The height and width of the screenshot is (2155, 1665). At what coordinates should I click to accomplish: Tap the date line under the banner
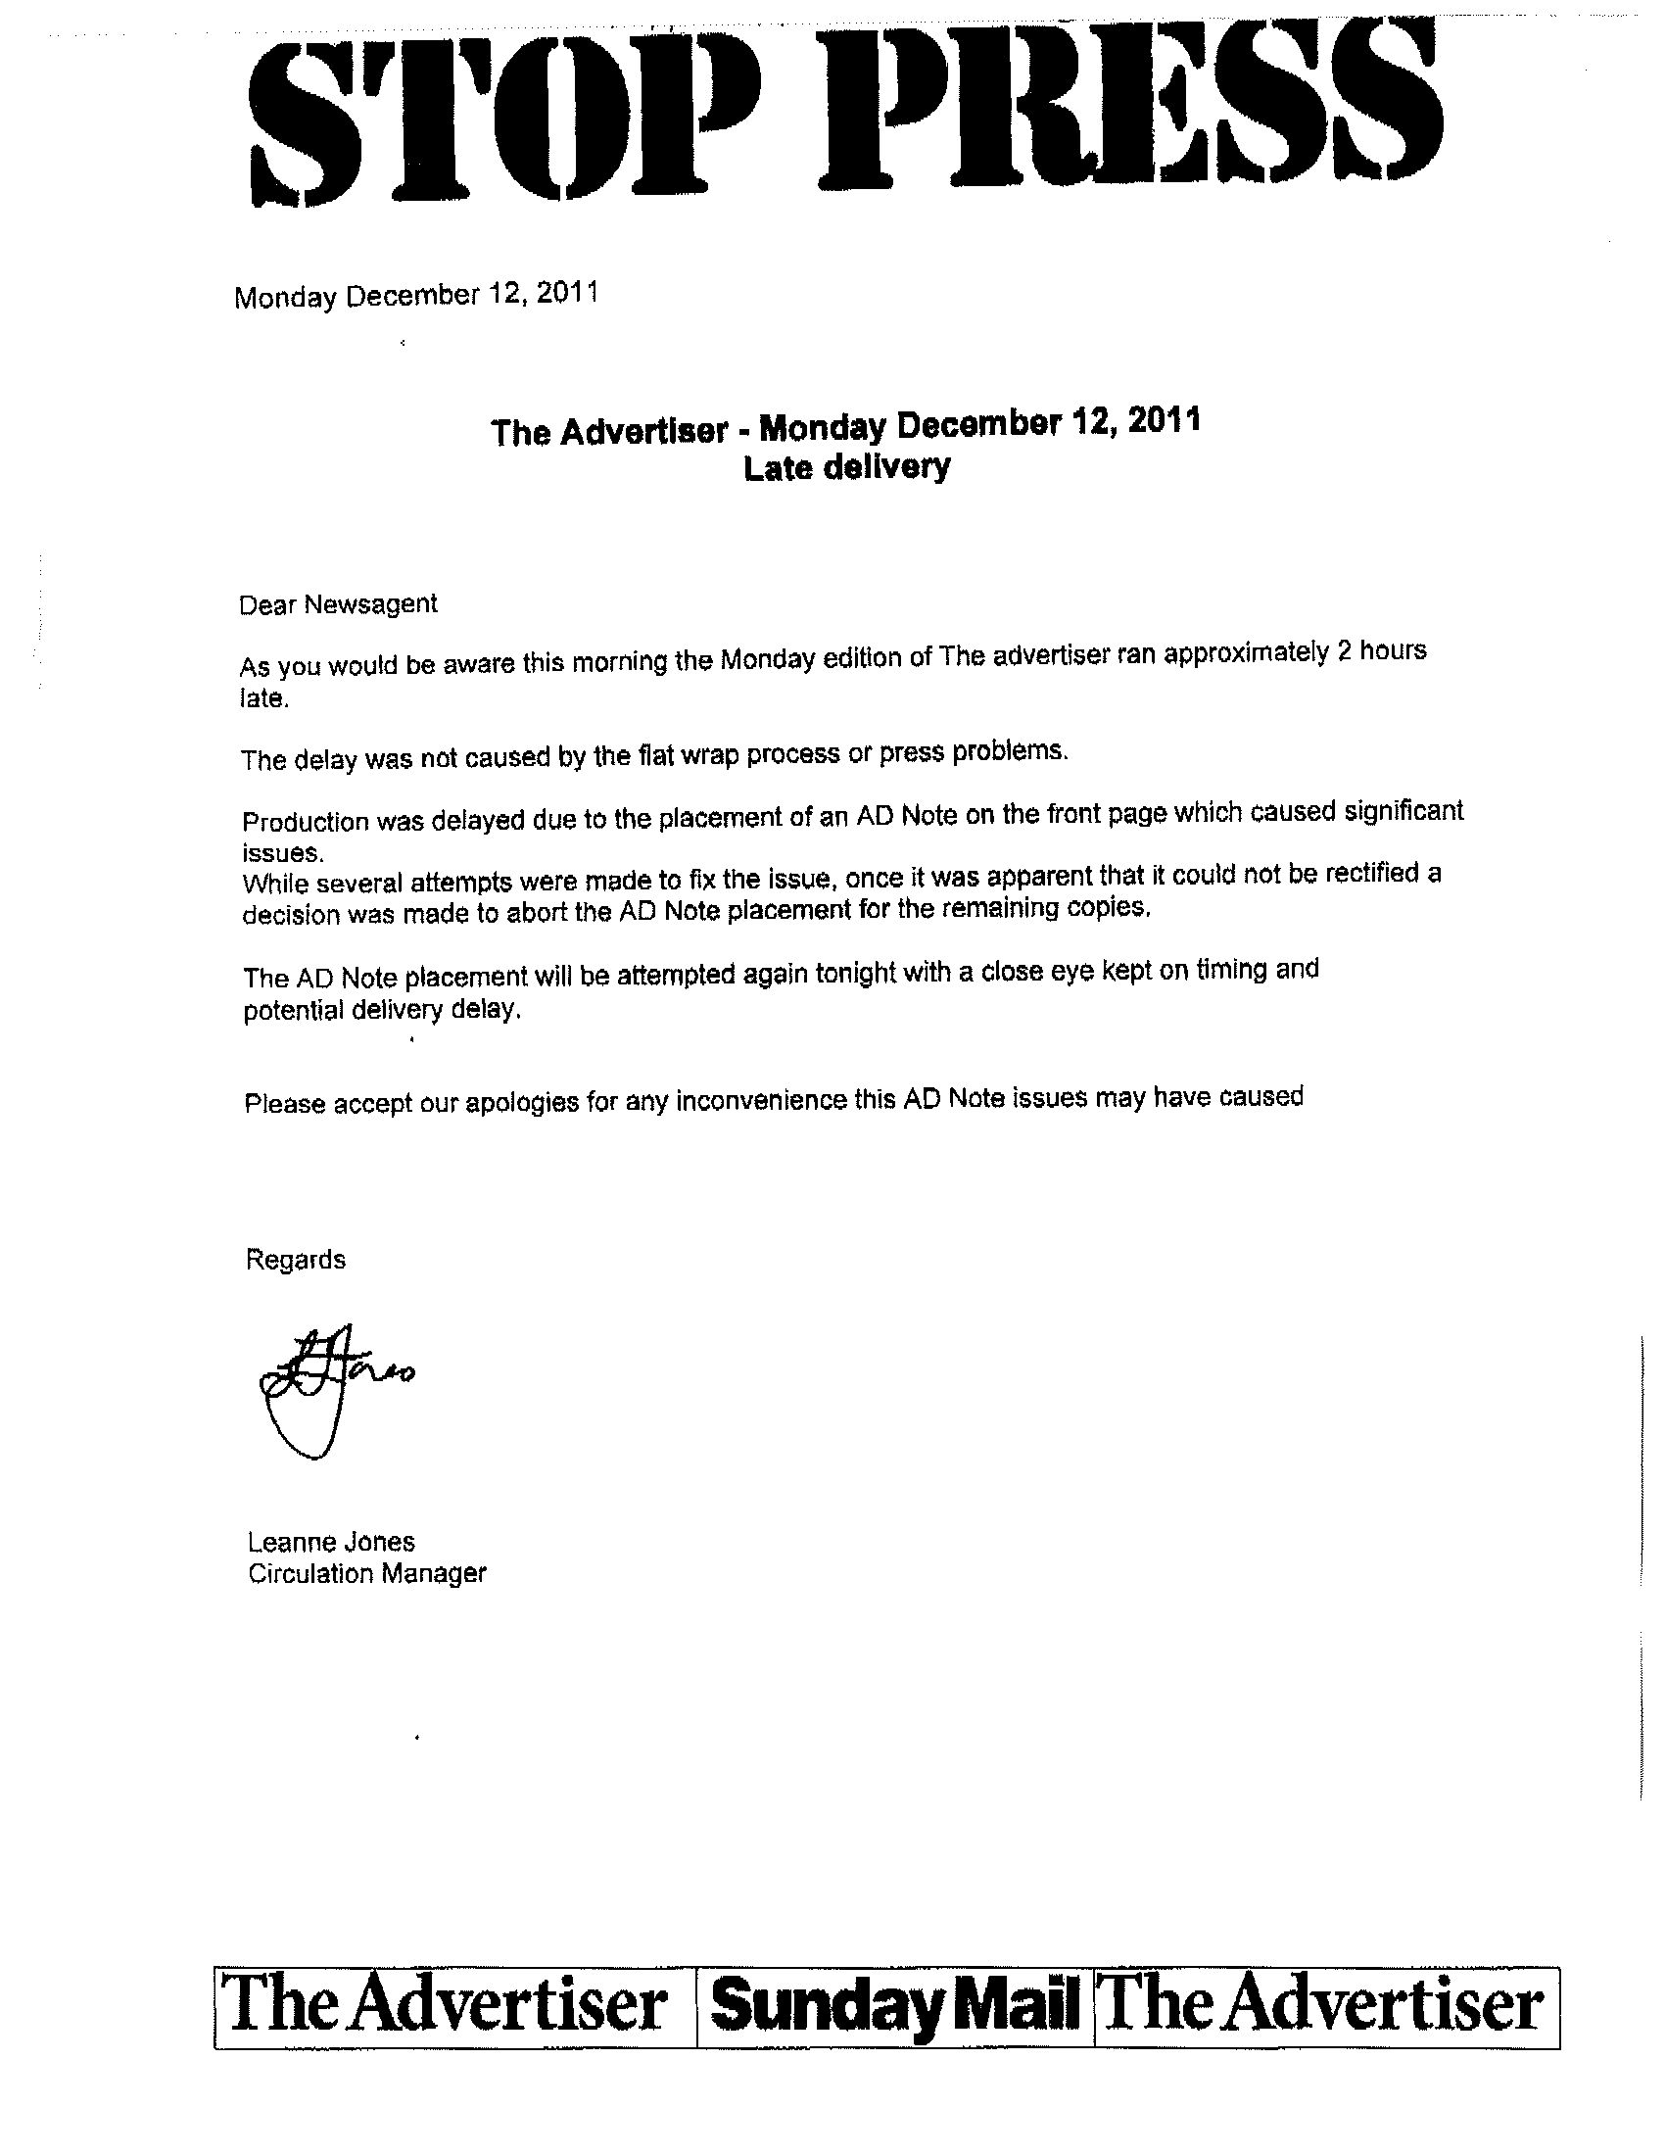click(x=415, y=295)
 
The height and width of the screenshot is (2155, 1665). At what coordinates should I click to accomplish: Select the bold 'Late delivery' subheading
click(x=846, y=466)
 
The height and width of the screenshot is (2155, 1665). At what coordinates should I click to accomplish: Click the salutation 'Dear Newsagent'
click(x=337, y=603)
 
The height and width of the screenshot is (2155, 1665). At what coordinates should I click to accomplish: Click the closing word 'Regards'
click(x=295, y=1260)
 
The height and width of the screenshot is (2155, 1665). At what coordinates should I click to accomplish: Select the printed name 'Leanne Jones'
click(x=330, y=1541)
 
